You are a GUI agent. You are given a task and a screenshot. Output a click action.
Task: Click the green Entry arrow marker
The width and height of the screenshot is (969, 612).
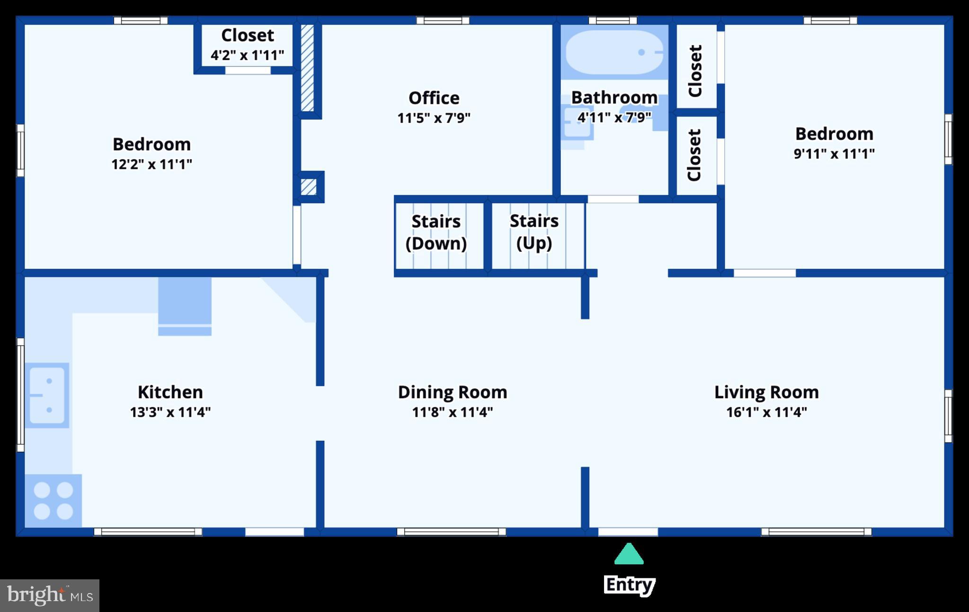click(629, 554)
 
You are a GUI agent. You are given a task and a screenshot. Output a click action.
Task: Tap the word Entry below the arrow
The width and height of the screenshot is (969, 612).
click(630, 585)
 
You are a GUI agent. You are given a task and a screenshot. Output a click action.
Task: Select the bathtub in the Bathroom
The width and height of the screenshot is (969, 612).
click(614, 52)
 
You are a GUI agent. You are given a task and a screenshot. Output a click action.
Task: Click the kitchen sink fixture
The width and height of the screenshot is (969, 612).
click(47, 395)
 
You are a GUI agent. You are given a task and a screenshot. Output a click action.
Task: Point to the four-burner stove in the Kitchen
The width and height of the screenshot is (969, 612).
click(53, 501)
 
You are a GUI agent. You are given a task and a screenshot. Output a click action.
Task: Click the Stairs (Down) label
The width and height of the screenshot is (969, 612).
click(436, 232)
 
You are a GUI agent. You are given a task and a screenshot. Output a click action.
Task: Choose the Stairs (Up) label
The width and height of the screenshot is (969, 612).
click(534, 232)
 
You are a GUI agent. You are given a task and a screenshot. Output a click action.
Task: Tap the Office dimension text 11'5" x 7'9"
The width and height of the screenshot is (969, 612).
click(434, 118)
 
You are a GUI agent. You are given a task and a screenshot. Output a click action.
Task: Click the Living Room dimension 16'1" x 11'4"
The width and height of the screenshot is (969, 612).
click(766, 412)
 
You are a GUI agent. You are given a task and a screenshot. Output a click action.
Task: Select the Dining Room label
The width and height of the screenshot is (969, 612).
click(453, 392)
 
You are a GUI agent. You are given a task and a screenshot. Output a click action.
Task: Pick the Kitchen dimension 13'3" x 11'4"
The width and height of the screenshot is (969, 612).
click(170, 412)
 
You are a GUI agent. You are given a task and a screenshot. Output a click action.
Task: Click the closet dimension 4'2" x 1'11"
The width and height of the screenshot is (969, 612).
click(247, 55)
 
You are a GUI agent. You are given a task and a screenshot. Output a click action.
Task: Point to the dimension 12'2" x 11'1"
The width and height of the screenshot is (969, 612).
click(151, 164)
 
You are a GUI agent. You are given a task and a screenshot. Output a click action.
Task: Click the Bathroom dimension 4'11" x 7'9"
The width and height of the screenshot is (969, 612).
click(614, 117)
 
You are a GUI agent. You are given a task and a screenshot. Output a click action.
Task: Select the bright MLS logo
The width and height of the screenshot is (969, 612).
click(50, 595)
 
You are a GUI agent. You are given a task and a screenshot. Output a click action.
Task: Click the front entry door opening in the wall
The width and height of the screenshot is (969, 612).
click(628, 532)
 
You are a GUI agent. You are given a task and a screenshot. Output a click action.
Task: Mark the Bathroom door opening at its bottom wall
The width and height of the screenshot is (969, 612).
click(613, 199)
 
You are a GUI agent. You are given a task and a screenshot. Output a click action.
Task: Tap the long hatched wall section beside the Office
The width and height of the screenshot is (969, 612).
click(307, 68)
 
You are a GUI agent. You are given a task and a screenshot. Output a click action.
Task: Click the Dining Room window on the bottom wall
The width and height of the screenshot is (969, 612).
click(451, 532)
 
